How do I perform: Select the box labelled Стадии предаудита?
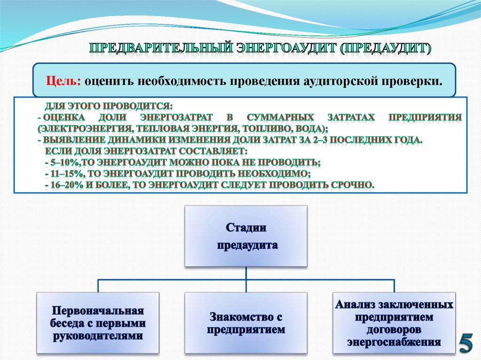click(x=246, y=236)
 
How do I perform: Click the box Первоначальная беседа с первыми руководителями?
click(x=98, y=323)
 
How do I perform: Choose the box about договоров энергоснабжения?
click(x=394, y=323)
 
